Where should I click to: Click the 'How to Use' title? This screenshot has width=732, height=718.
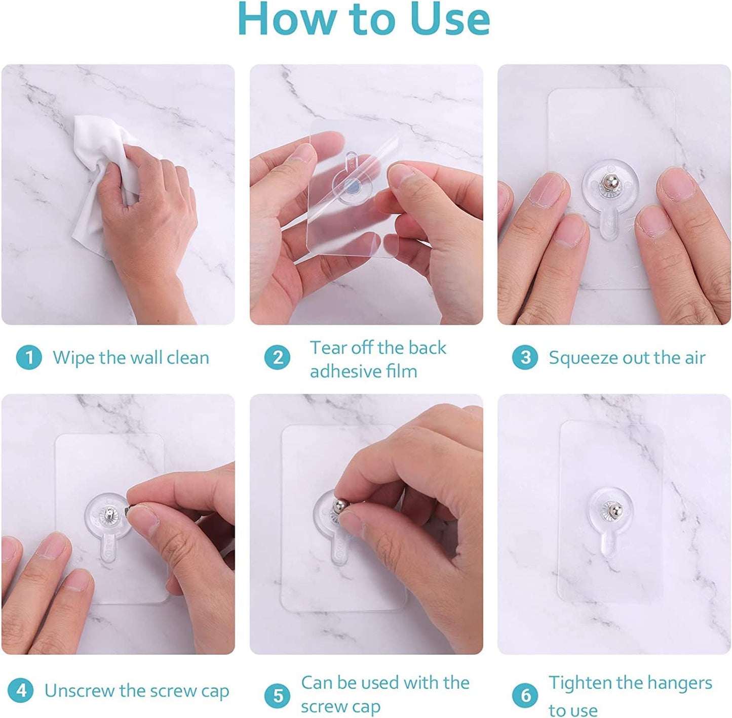coord(364,20)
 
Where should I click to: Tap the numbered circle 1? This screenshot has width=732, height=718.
coord(29,357)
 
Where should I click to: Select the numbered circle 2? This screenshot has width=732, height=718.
coord(278,358)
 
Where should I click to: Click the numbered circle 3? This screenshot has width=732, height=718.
coord(525,357)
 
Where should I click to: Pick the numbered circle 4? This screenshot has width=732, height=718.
coord(21,691)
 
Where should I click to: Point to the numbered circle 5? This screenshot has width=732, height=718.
coord(278,695)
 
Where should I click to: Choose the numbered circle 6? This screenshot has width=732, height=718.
coord(525,695)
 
